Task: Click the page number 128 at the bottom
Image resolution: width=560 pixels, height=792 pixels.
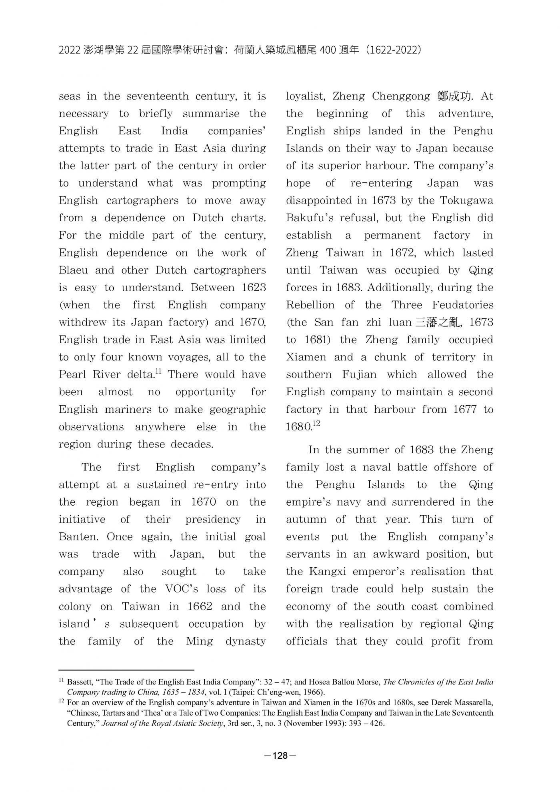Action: click(x=280, y=756)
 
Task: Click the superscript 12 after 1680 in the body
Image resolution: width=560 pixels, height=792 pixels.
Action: click(x=316, y=424)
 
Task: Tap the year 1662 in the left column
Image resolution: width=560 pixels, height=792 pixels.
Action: click(x=200, y=606)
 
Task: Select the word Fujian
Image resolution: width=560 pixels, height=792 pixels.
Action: click(x=359, y=375)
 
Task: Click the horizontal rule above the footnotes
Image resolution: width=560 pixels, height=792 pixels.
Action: click(x=126, y=670)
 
